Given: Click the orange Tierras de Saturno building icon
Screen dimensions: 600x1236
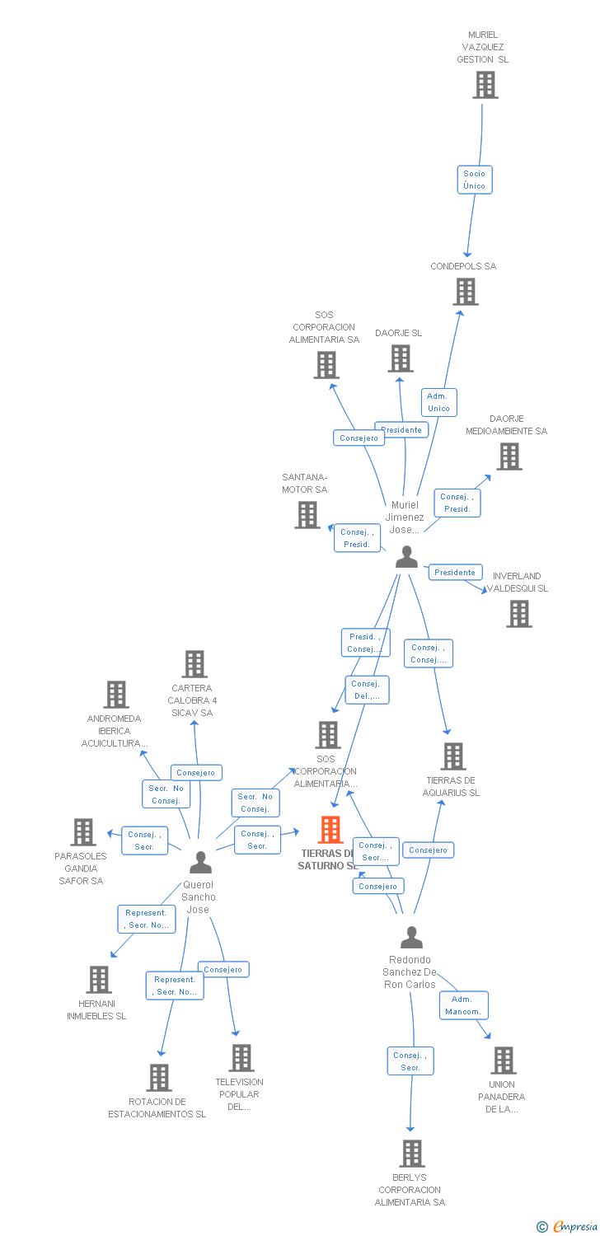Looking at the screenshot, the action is click(330, 830).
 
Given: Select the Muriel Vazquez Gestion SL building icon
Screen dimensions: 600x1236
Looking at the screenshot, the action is click(485, 85).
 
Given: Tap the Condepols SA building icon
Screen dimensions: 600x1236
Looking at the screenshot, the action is click(466, 292).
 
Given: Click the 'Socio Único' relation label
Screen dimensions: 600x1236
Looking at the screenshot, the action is click(475, 180).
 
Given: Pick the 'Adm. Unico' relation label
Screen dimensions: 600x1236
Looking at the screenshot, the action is click(438, 402).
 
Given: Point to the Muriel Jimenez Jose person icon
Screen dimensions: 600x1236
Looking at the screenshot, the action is click(406, 558).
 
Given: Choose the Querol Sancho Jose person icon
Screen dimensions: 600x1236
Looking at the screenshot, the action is click(200, 863).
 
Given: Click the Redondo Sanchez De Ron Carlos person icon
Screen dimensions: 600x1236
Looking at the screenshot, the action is click(411, 938).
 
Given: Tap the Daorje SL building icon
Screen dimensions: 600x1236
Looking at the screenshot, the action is click(401, 358).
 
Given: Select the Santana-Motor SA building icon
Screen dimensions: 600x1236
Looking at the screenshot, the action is click(307, 515).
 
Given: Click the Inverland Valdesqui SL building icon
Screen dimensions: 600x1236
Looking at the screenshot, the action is click(519, 614).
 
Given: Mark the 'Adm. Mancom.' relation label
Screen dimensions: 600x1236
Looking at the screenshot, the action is click(463, 1005).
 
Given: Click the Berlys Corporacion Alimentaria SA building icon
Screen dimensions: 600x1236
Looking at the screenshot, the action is click(411, 1154).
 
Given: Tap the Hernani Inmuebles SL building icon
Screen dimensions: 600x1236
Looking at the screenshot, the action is click(99, 980).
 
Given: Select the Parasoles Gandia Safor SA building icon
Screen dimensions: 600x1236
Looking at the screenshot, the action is click(83, 832).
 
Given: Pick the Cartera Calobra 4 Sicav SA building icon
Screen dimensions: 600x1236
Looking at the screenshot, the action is click(195, 664).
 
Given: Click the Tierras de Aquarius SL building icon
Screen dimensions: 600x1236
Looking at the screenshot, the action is click(453, 756).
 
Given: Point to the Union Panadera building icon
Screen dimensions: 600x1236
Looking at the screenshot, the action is click(503, 1060).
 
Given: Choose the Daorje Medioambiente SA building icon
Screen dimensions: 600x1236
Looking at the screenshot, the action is click(509, 456).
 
